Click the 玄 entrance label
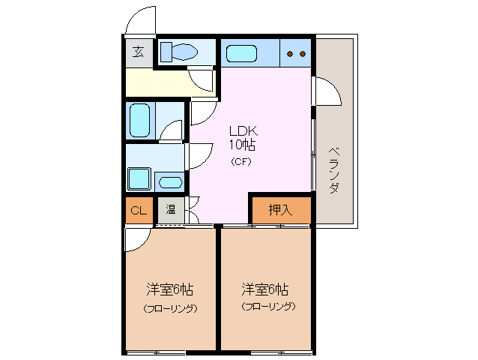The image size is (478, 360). click(x=139, y=52)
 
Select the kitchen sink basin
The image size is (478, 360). click(x=241, y=54)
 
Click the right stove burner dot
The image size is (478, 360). click(x=303, y=54)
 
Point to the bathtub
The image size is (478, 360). click(x=140, y=120)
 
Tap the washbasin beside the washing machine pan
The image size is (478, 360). click(x=170, y=181)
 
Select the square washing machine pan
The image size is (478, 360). click(x=139, y=178)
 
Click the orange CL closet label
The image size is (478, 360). click(x=139, y=210)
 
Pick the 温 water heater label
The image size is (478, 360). click(x=170, y=210)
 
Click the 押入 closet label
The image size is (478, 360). click(x=279, y=210)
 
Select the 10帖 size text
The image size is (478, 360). click(x=242, y=144)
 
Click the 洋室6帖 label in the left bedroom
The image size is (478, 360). click(x=170, y=289)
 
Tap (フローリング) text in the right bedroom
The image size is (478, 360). click(x=267, y=306)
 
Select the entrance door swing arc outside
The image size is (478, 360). click(x=137, y=20)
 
